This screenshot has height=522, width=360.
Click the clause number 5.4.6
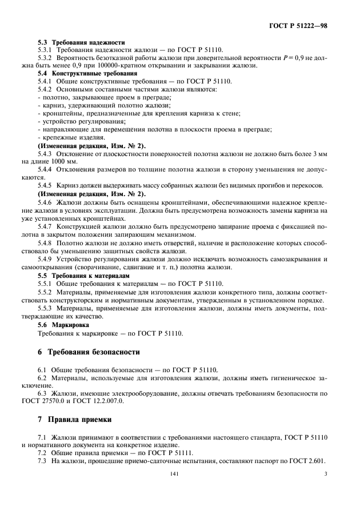tap(46, 202)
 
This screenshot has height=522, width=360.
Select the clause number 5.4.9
tap(46, 259)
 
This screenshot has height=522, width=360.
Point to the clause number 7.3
tap(42, 460)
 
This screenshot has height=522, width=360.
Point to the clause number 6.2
tap(42, 378)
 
